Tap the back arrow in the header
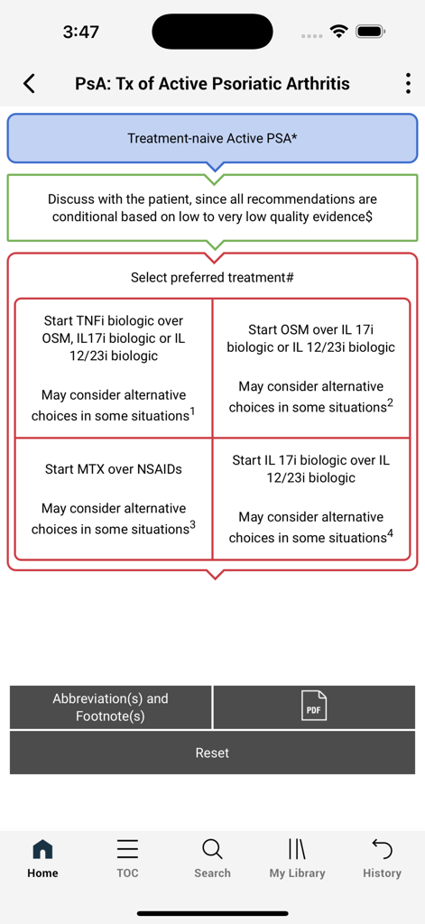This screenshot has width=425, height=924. [x=29, y=84]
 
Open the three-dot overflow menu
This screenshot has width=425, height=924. [x=408, y=84]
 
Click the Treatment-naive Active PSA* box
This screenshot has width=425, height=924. [x=212, y=138]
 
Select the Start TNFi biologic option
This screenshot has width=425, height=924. [x=113, y=368]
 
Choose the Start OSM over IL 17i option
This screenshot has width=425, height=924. [x=310, y=368]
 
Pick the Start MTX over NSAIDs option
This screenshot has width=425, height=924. [x=113, y=499]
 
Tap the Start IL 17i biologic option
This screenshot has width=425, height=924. [x=310, y=499]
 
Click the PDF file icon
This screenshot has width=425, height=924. [x=313, y=707]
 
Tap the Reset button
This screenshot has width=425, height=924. [x=212, y=753]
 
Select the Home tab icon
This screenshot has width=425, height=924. [x=42, y=850]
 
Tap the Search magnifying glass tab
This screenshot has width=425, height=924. [x=212, y=850]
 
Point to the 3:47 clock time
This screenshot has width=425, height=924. [x=81, y=32]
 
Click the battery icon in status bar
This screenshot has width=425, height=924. [x=371, y=32]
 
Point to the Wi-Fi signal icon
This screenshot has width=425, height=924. [x=339, y=32]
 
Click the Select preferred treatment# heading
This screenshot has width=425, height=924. [x=212, y=277]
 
